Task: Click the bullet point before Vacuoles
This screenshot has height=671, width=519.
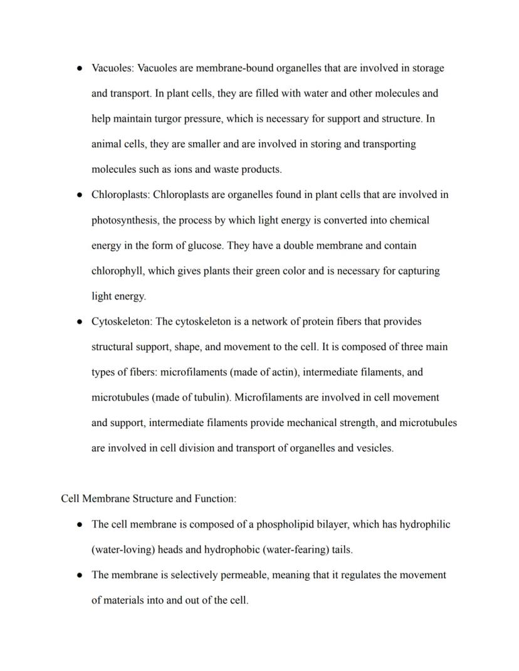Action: tap(80, 68)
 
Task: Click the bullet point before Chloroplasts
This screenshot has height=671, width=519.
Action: tap(80, 195)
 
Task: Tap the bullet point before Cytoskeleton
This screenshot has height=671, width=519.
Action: tap(80, 322)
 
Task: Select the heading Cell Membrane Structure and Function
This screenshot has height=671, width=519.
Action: tap(149, 499)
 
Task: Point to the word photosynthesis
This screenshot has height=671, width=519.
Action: tap(124, 221)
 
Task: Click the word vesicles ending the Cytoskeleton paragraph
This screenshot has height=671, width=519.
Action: tap(374, 449)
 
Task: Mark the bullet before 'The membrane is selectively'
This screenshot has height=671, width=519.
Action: tap(80, 575)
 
